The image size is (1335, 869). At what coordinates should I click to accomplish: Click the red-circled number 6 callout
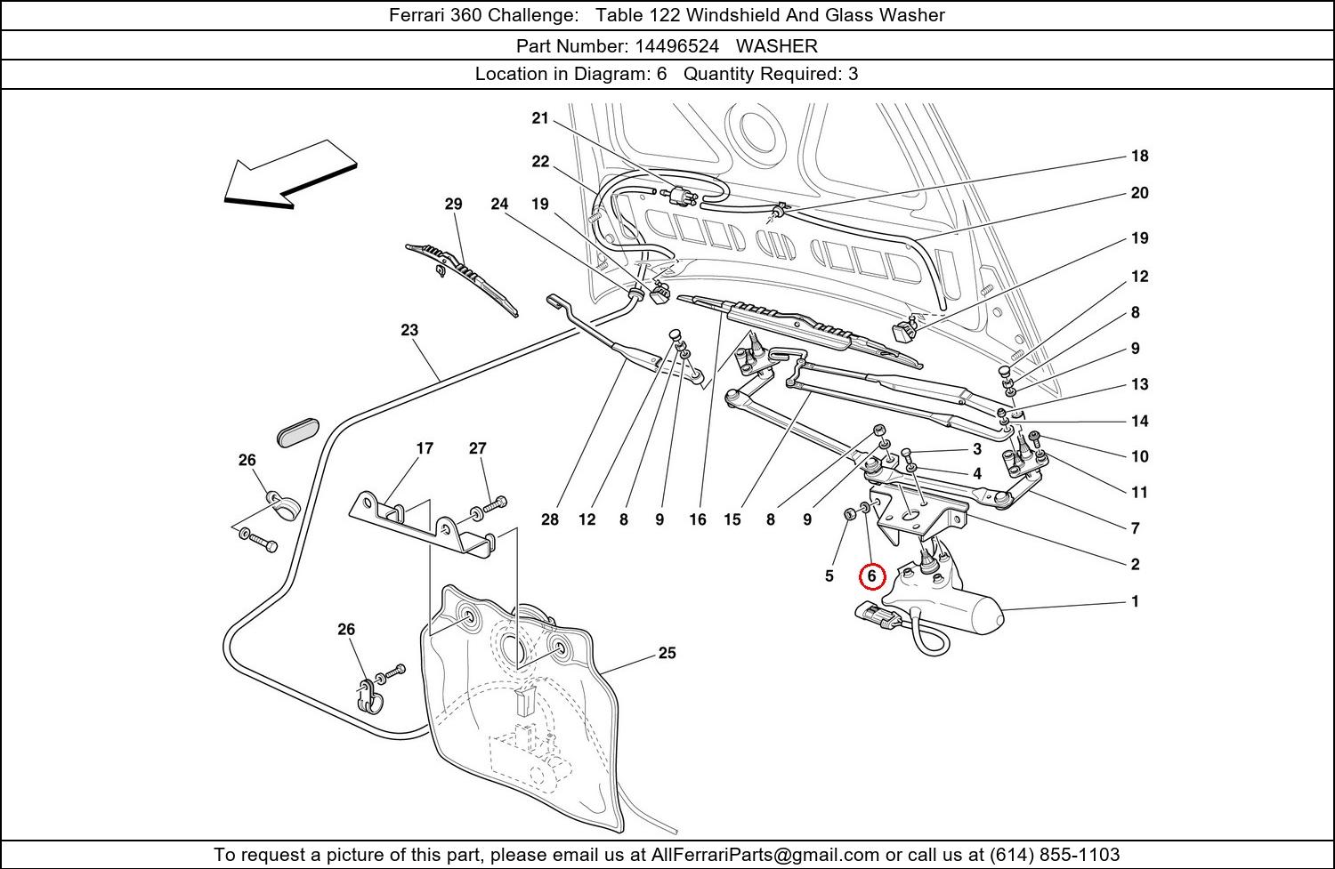point(872,576)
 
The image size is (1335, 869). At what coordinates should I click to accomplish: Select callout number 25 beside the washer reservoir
point(667,653)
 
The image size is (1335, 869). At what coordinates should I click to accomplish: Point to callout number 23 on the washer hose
point(409,330)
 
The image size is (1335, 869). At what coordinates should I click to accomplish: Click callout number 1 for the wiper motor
point(1135,601)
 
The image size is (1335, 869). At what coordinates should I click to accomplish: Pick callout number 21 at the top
point(540,118)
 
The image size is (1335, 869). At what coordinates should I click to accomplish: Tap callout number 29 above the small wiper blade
point(453,204)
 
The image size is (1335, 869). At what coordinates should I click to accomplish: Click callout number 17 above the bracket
point(425,448)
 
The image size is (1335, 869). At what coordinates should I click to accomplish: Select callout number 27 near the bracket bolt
point(478,448)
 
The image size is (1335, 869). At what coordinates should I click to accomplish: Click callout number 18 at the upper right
point(1140,156)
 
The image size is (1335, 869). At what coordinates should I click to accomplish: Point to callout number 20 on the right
point(1140,193)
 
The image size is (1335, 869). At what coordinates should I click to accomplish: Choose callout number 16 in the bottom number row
point(697,519)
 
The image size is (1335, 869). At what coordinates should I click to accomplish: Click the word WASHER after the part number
point(776,45)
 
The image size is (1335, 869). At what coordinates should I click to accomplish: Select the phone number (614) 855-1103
point(1054,855)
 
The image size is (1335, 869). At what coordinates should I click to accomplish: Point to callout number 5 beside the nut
point(829,576)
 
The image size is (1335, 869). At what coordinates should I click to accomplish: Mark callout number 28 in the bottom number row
point(550,519)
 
